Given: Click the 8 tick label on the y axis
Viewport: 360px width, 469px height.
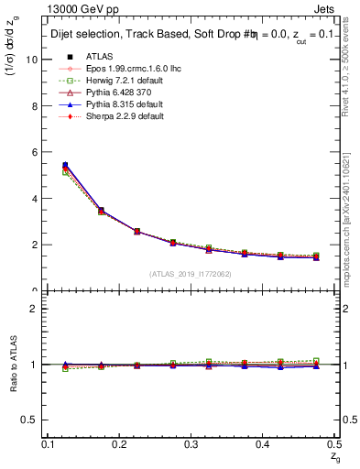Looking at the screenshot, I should tap(36, 105).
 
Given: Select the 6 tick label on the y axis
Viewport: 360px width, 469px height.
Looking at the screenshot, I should tap(36, 152).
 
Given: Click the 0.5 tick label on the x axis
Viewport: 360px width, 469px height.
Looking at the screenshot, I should tap(337, 443).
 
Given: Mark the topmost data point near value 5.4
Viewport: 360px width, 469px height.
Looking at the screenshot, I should tap(65, 165).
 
